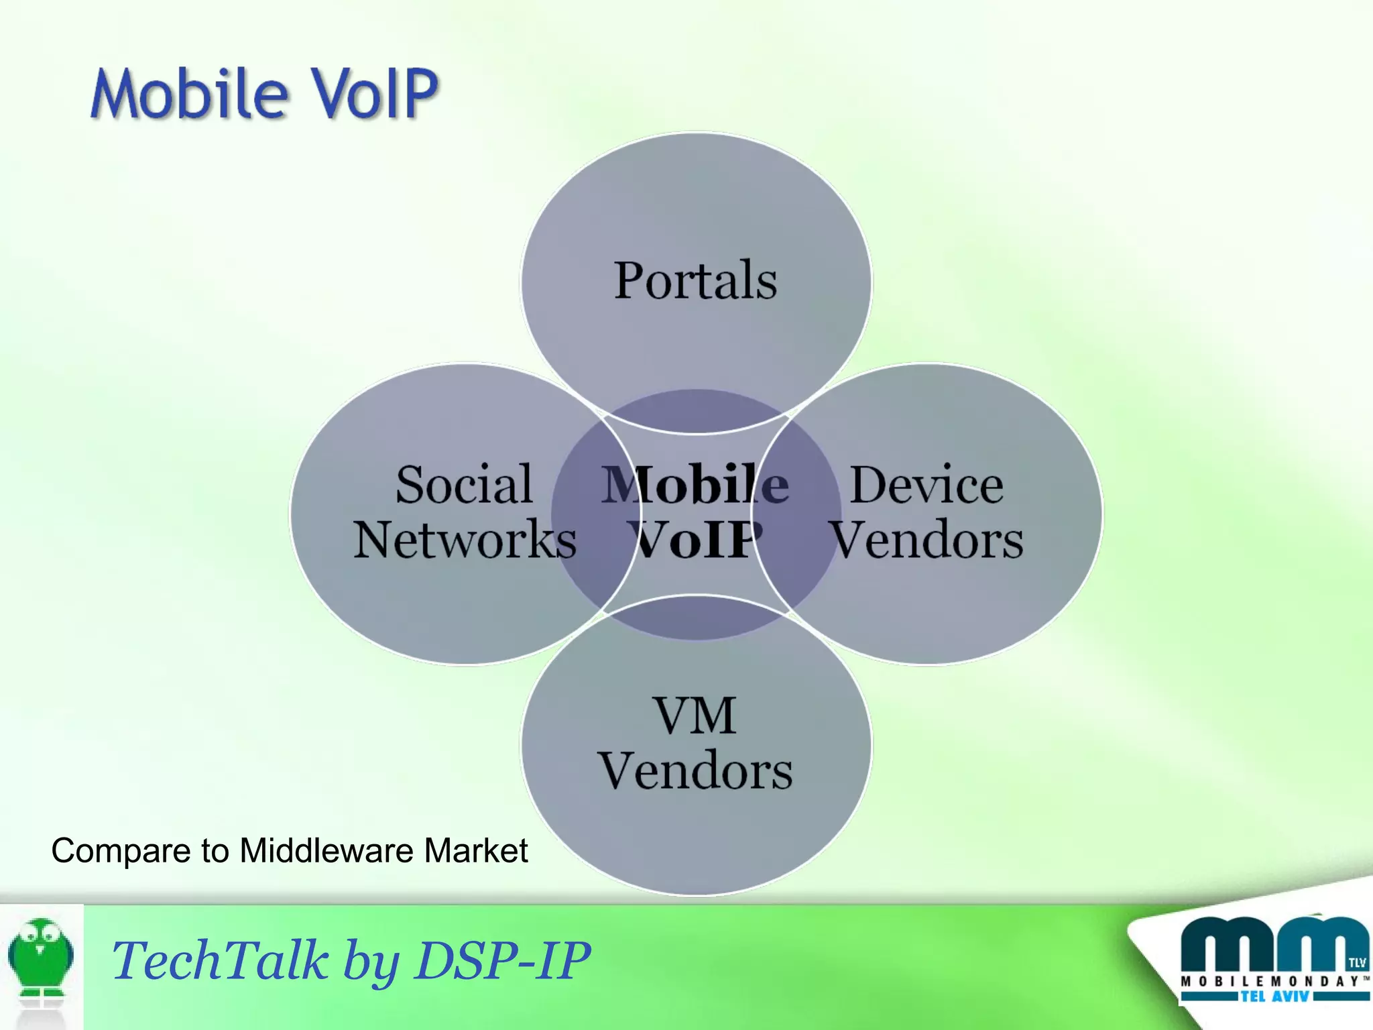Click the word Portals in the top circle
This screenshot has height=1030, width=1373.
(695, 280)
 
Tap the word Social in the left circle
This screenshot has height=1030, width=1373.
(464, 484)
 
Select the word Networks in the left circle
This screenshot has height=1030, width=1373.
(465, 540)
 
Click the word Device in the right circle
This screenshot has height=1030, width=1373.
(927, 484)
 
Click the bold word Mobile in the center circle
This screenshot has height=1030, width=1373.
(695, 484)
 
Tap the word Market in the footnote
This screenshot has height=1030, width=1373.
(475, 851)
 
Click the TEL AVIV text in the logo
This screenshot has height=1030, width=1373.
(1274, 997)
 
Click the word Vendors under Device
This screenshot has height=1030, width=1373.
(927, 540)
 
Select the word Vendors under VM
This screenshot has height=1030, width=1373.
(695, 771)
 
